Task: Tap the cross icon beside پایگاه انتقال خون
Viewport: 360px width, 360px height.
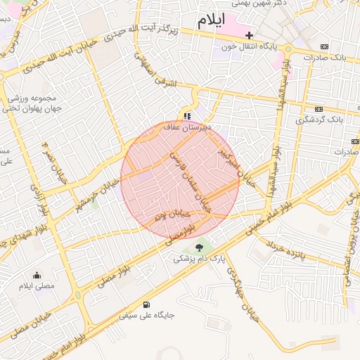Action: click(x=249, y=34)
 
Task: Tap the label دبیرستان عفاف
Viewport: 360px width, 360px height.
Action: click(x=187, y=128)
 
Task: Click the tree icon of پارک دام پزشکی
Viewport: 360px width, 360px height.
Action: click(x=200, y=247)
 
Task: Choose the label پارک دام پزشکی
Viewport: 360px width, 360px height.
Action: click(x=200, y=259)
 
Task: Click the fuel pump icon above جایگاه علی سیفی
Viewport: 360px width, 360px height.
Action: click(x=146, y=304)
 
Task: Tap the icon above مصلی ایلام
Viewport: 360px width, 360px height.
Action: click(x=37, y=275)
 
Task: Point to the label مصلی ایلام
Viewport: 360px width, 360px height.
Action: click(x=37, y=286)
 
